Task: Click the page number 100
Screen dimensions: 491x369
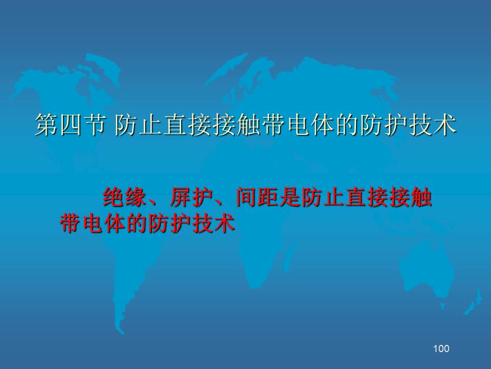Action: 441,348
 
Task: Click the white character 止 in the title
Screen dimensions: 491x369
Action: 150,125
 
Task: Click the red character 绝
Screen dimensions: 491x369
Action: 114,197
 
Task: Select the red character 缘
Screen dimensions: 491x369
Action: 136,197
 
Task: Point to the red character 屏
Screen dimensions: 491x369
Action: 181,197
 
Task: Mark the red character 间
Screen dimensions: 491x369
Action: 247,197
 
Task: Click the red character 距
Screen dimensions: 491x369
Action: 269,197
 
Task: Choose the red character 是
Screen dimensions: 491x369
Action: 291,197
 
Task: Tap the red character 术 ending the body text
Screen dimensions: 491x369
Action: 224,223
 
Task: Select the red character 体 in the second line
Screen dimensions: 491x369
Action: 115,223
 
